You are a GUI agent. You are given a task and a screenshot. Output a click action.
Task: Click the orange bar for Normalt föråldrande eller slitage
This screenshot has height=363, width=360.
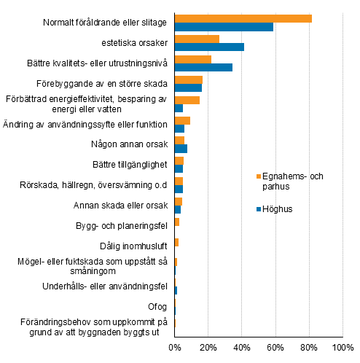tap(243, 19)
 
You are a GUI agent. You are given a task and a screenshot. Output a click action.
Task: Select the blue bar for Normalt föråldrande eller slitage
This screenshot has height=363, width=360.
tap(224, 27)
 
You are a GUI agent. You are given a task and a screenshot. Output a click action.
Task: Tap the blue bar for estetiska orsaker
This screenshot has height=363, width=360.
tap(209, 47)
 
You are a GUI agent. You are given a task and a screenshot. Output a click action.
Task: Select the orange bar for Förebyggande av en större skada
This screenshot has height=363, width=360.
tap(188, 79)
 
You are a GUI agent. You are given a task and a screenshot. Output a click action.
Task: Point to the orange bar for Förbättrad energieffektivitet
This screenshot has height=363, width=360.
tap(187, 100)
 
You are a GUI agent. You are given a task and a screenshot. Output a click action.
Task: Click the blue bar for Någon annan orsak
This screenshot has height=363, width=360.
tap(181, 149)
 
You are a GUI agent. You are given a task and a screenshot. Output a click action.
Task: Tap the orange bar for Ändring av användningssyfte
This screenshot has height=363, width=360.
tap(182, 120)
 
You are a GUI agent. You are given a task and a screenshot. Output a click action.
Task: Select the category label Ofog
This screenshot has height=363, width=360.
tap(158, 306)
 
